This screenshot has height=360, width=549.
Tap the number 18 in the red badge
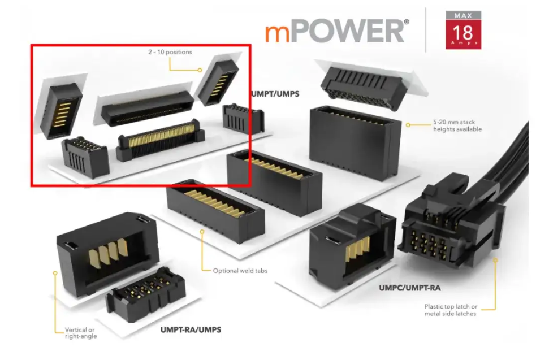click(463, 31)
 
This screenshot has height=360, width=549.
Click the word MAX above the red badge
click(463, 15)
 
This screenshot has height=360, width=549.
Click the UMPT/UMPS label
click(274, 94)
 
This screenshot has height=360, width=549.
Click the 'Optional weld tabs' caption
click(240, 270)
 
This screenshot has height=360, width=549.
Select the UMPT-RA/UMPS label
click(191, 329)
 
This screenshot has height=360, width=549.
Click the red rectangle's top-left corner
click(31, 45)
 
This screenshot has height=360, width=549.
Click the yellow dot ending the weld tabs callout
click(201, 232)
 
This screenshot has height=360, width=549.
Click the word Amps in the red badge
click(463, 43)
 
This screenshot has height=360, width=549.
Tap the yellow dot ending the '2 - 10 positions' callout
click(200, 70)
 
